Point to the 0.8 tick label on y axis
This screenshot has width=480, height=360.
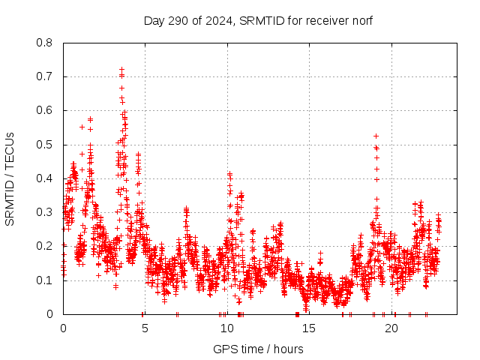click(45, 43)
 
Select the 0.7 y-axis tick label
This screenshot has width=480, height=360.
click(45, 76)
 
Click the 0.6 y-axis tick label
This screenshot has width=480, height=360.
click(45, 110)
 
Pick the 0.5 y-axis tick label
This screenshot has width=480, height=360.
click(45, 145)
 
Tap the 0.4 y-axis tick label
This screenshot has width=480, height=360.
click(45, 178)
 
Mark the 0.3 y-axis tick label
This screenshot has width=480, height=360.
click(45, 212)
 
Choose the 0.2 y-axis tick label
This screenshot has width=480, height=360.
click(45, 246)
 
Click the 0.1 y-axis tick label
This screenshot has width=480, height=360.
click(45, 280)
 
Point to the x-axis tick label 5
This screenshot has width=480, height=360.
click(145, 328)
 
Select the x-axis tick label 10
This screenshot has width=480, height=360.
click(227, 328)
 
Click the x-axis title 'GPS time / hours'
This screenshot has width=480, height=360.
click(258, 349)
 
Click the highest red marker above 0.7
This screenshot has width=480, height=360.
click(121, 69)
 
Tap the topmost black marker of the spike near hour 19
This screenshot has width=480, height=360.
click(376, 136)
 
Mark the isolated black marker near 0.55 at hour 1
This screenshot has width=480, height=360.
click(82, 127)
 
